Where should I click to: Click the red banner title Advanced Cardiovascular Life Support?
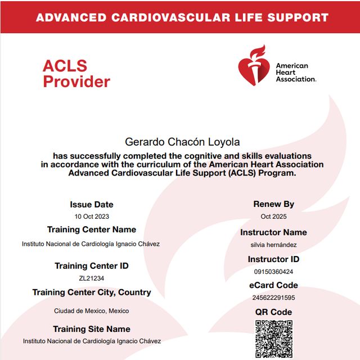tap(182, 17)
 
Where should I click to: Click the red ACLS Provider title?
tap(76, 74)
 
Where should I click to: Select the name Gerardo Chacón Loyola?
tap(181, 143)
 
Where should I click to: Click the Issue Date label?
tap(92, 205)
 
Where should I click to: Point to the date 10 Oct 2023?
tap(91, 217)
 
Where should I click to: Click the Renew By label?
tap(274, 204)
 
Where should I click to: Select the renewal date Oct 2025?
tap(274, 217)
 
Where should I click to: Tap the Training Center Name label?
tap(92, 229)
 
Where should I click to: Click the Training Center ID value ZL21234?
tap(91, 278)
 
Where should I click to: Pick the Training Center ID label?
tap(92, 265)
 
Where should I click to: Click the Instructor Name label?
tap(274, 232)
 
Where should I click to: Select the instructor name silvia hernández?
tap(274, 245)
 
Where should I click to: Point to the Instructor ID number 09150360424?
tap(274, 272)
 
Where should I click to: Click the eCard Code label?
tap(274, 285)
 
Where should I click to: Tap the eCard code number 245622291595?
tap(274, 298)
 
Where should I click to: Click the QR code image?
tap(274, 340)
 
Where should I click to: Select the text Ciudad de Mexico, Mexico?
tap(92, 310)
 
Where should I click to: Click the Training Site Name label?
tap(92, 329)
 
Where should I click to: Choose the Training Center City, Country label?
tap(92, 292)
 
